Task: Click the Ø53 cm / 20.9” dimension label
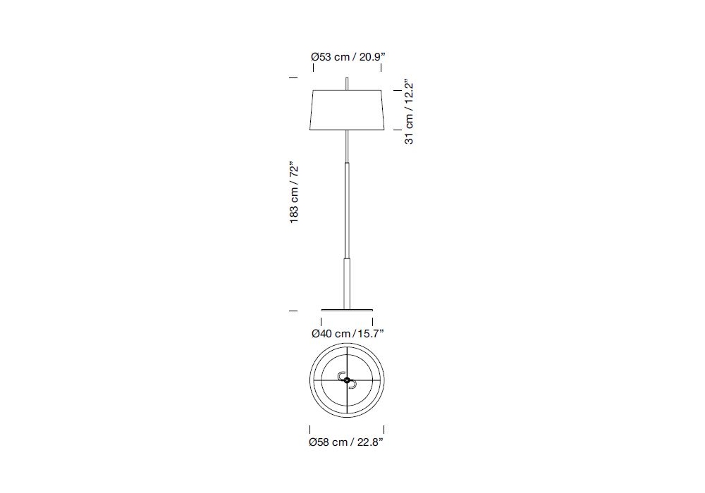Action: click(348, 57)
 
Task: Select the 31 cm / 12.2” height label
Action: click(409, 113)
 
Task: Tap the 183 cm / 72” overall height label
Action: click(293, 192)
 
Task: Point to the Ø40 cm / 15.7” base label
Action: click(348, 334)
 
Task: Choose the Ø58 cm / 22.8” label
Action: click(346, 442)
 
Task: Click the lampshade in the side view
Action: click(347, 111)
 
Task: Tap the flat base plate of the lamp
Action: click(347, 310)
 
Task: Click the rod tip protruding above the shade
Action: click(347, 84)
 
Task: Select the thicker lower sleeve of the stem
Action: click(347, 283)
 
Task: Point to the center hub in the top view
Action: click(347, 380)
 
